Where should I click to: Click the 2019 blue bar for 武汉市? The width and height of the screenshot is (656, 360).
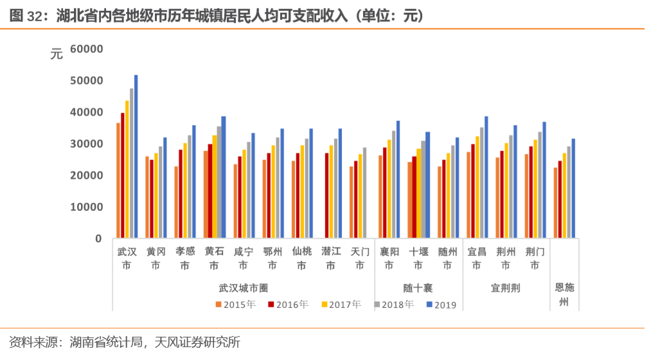tap(136, 157)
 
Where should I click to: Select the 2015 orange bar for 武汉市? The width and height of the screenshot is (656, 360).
tap(118, 181)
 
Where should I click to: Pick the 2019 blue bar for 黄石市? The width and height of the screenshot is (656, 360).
tap(224, 177)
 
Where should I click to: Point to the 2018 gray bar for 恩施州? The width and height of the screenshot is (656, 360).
tap(569, 192)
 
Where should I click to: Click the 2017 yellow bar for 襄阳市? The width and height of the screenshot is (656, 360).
tap(389, 189)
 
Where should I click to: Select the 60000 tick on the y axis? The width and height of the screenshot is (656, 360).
tap(87, 49)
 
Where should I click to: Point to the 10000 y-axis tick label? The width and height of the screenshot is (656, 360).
tap(87, 207)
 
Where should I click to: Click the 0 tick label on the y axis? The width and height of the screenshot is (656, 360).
tap(98, 239)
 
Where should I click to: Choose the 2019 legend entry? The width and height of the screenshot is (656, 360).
tap(441, 305)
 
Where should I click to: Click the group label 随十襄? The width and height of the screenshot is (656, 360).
tap(418, 287)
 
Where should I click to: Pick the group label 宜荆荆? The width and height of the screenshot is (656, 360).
tap(505, 287)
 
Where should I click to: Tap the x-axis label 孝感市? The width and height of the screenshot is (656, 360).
tap(185, 258)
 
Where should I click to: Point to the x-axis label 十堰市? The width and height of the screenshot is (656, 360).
tap(418, 258)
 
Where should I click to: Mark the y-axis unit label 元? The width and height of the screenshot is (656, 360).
tap(57, 55)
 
